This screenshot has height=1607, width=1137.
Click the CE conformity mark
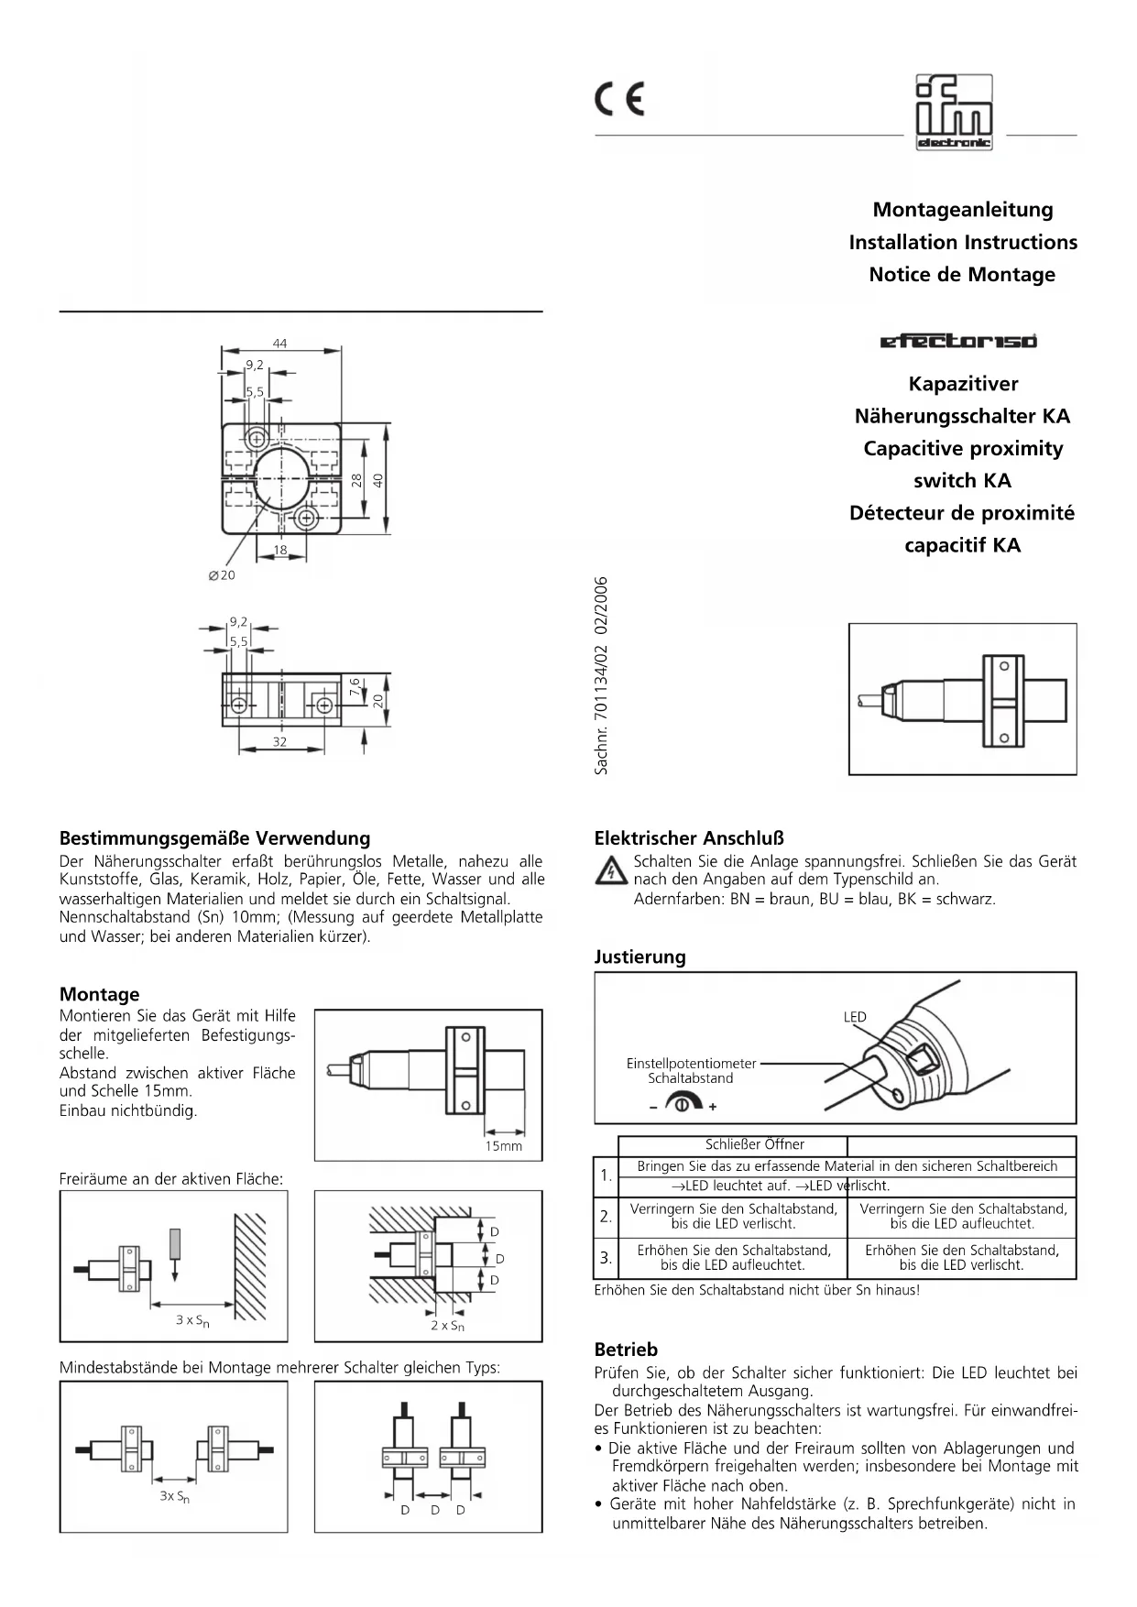tap(620, 99)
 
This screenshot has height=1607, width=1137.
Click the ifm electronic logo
tap(954, 113)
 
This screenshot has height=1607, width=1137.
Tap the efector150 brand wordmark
tap(958, 342)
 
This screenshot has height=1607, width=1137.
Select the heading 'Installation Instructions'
tap(962, 243)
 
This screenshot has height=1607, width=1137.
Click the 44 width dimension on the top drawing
tap(279, 344)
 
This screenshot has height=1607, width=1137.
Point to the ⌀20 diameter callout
tap(222, 575)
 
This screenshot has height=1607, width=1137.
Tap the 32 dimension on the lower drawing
tap(279, 742)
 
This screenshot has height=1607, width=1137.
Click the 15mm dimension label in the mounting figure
tap(504, 1146)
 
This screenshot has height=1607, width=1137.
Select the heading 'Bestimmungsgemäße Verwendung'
tap(214, 838)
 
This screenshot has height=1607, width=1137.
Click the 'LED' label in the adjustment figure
tap(855, 1017)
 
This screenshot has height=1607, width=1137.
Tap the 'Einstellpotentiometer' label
tap(691, 1064)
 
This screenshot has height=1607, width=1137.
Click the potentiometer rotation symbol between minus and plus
tap(683, 1105)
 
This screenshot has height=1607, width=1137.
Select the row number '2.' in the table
tap(606, 1217)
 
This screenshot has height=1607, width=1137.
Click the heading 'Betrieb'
tap(626, 1350)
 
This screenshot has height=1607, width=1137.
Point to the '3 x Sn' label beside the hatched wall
tap(192, 1321)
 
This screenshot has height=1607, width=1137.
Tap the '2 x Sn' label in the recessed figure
tap(447, 1326)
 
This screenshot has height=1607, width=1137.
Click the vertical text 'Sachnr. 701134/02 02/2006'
tap(602, 675)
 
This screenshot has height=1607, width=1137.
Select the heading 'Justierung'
tap(640, 957)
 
